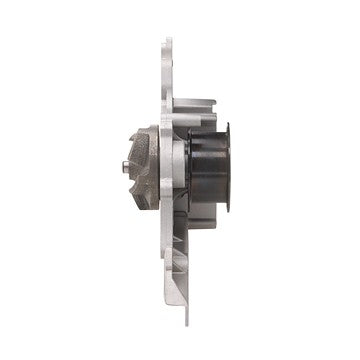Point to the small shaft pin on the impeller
(x=123, y=167)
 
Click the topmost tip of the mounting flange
(x=168, y=42)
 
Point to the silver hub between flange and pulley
(x=178, y=165)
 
